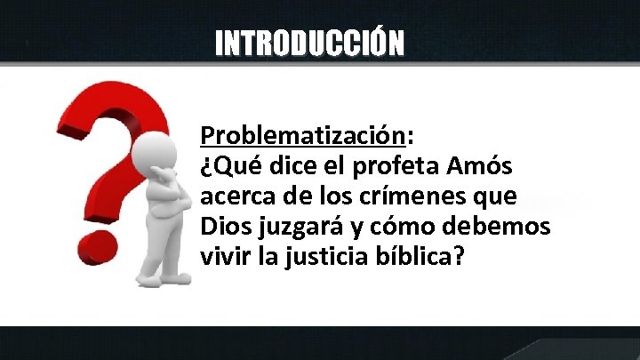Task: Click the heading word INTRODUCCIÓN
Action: click(x=309, y=42)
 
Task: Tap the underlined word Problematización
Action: click(x=302, y=136)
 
